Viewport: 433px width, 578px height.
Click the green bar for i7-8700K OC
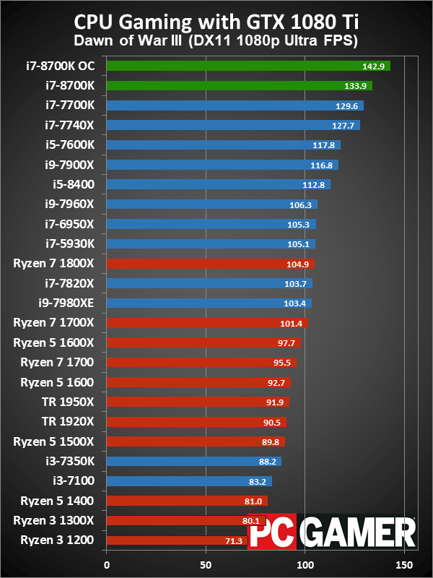tap(248, 66)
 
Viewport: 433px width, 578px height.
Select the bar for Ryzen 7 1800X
tap(210, 264)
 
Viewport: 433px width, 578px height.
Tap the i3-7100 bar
tap(189, 480)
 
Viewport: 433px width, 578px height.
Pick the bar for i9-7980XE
tap(209, 303)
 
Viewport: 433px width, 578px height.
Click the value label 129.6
tap(347, 105)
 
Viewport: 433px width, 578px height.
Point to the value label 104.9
tap(298, 264)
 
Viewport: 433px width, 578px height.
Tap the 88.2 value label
tap(265, 461)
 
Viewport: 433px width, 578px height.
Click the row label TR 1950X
tap(75, 402)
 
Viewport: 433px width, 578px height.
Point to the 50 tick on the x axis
tap(206, 564)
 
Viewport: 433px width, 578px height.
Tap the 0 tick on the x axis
tap(107, 564)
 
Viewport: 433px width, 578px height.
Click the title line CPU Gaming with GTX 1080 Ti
tap(216, 22)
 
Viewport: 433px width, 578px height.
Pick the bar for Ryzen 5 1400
tap(187, 500)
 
